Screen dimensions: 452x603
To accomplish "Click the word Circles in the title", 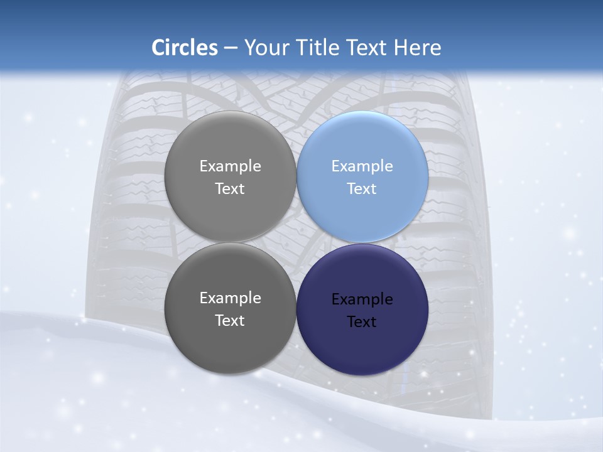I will [x=184, y=48].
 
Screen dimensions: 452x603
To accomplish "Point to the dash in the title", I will [x=231, y=48].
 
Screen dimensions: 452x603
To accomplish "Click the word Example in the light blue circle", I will [x=362, y=166].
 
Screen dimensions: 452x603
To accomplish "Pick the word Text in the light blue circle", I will [x=362, y=189].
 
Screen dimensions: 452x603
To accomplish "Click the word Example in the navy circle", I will [x=362, y=299].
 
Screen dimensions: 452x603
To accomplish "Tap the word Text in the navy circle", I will [x=362, y=322].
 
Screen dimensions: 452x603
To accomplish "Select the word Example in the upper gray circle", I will [x=231, y=166].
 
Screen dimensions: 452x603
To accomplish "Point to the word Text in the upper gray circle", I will [x=231, y=189].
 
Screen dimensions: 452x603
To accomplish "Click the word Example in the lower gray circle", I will [x=231, y=298].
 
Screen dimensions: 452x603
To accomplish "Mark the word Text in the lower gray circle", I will [x=231, y=321].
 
